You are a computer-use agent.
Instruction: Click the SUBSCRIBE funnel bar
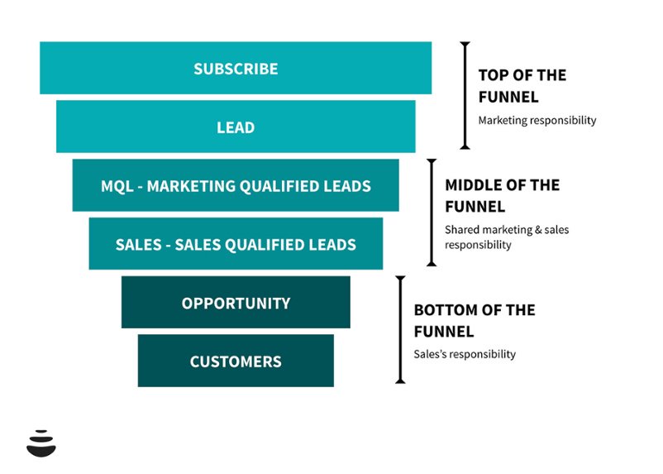[236, 68]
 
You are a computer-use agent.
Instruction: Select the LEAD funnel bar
[236, 127]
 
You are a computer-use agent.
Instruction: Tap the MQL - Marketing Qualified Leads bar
[236, 185]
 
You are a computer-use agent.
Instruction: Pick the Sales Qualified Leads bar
[236, 244]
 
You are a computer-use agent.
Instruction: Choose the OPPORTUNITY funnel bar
[236, 303]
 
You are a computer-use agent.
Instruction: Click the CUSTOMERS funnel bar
[236, 361]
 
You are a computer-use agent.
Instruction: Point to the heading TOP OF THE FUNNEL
[522, 86]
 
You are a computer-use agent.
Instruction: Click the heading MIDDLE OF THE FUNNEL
[502, 195]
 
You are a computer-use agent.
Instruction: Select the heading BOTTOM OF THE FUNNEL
[474, 320]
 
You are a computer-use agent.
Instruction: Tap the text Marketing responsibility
[537, 120]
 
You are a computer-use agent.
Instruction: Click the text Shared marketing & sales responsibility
[506, 237]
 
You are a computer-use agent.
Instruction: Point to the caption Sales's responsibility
[464, 354]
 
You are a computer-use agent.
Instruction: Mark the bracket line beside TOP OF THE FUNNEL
[465, 95]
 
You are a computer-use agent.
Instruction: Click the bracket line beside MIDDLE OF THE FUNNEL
[431, 213]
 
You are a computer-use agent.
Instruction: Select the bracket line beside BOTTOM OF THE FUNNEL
[400, 329]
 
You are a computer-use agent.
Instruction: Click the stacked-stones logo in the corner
[41, 443]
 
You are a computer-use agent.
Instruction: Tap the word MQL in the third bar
[116, 186]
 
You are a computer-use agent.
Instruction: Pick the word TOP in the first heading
[494, 75]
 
